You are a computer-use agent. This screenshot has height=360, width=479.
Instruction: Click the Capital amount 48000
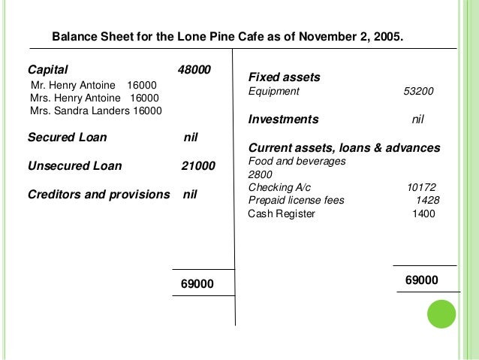pos(194,70)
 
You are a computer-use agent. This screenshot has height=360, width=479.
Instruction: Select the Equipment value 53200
pos(417,92)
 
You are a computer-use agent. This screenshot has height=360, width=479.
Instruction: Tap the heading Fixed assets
pos(284,77)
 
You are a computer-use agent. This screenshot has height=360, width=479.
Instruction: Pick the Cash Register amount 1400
pos(423,213)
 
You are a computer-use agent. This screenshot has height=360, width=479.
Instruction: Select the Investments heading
pos(283,119)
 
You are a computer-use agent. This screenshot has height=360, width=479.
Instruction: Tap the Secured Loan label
pos(67,138)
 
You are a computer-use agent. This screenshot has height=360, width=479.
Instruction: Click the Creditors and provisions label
pos(98,194)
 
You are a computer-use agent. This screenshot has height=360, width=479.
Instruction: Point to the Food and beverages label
pos(296,161)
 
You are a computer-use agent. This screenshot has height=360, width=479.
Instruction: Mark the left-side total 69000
pos(197,283)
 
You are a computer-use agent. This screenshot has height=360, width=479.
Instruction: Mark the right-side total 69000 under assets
pos(421,280)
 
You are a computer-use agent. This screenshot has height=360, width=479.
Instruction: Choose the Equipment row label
pos(273,92)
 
